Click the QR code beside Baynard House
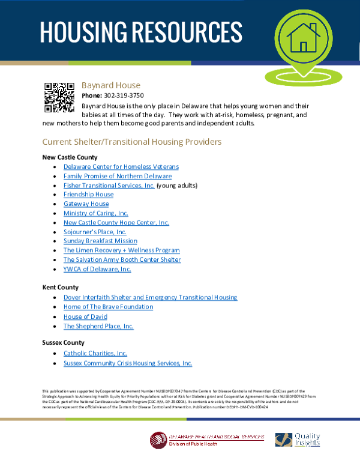pos(59,97)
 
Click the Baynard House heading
pos(111,85)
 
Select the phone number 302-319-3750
pos(124,95)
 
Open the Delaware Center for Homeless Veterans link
pos(121,166)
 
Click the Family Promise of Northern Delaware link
pos(118,176)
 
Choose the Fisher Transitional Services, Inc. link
pos(109,186)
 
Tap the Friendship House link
pos(88,195)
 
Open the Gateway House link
pos(86,204)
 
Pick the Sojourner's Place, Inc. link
pos(95,232)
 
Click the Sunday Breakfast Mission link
pos(100,241)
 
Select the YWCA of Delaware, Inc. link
pos(97,269)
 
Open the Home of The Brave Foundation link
pos(108,307)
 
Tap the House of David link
pos(85,316)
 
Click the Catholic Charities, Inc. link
pos(95,354)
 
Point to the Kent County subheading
pos(60,288)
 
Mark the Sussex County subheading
pos(64,342)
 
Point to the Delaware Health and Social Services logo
pos(207,440)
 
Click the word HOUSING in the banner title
pos(82,32)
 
